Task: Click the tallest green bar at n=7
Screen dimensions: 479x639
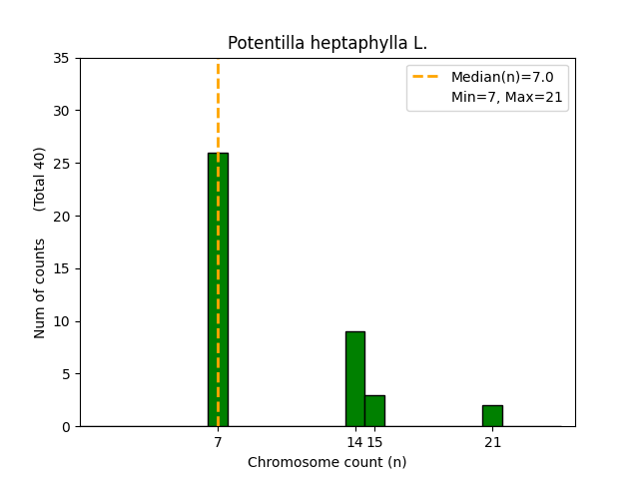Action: (218, 289)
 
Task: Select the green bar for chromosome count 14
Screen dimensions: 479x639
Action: (354, 379)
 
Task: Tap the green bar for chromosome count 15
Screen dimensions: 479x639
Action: (374, 410)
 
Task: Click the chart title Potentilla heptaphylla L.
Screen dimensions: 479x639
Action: (327, 43)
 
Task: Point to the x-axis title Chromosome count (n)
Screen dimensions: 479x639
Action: (327, 462)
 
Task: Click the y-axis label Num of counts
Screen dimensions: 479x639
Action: (40, 288)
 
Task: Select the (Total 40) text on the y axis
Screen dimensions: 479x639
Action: (40, 179)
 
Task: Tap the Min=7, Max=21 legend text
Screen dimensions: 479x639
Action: (506, 97)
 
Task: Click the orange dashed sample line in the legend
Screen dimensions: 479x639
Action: (427, 77)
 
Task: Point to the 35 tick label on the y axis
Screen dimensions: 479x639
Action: (62, 58)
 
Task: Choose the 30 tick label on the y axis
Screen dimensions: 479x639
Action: (62, 111)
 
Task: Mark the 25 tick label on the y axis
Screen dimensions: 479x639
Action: (62, 164)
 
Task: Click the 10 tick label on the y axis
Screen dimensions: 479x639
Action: (62, 321)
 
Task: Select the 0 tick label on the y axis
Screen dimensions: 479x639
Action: (66, 427)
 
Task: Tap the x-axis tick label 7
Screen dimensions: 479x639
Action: (218, 442)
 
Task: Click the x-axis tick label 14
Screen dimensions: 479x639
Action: (353, 442)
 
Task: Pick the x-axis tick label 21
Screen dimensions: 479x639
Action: (492, 442)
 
